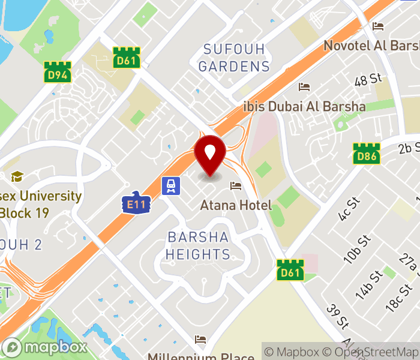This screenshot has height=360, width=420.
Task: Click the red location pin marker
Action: point(210,155)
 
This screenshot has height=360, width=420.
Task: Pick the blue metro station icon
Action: point(172,185)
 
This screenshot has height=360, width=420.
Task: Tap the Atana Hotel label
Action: point(236,205)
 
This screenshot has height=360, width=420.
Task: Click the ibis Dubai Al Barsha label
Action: point(304,106)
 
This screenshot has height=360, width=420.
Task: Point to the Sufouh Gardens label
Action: point(234,58)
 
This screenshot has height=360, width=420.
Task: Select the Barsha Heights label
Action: point(198,245)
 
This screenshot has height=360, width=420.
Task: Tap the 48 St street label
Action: point(368,79)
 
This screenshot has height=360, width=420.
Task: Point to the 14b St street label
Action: point(368,284)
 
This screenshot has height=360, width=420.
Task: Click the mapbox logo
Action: point(45,347)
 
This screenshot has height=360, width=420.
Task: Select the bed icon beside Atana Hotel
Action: point(235,185)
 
